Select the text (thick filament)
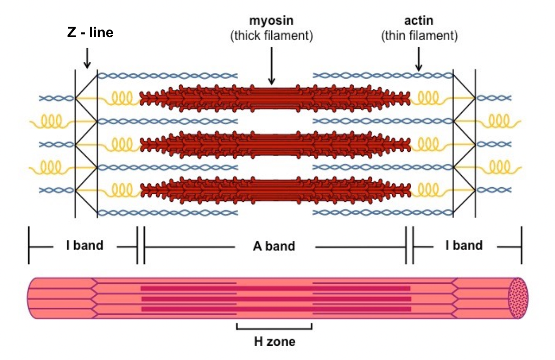point(271,37)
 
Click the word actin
point(418,21)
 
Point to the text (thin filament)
point(419,36)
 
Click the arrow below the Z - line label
point(87,58)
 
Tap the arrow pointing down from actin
point(419,59)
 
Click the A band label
point(274,246)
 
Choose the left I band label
point(84,246)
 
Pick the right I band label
point(464,246)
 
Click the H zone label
point(274,341)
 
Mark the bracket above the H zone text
point(274,328)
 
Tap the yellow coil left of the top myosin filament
point(121,98)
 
